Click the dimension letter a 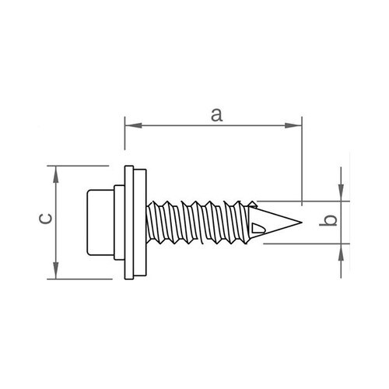[216, 115]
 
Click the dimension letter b [328, 220]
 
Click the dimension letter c [45, 219]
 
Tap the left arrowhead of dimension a [133, 125]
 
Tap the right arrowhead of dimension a [293, 125]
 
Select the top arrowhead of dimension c [56, 174]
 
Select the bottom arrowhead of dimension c [56, 271]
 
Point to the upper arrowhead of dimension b [341, 192]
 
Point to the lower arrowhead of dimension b [341, 252]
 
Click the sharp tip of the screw [302, 223]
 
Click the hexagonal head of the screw [100, 223]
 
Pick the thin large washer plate [129, 223]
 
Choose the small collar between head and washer [119, 223]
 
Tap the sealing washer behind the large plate [140, 223]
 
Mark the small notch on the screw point [258, 227]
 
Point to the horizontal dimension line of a [213, 125]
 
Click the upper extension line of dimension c [78, 166]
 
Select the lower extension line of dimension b [307, 244]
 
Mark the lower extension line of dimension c [79, 279]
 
